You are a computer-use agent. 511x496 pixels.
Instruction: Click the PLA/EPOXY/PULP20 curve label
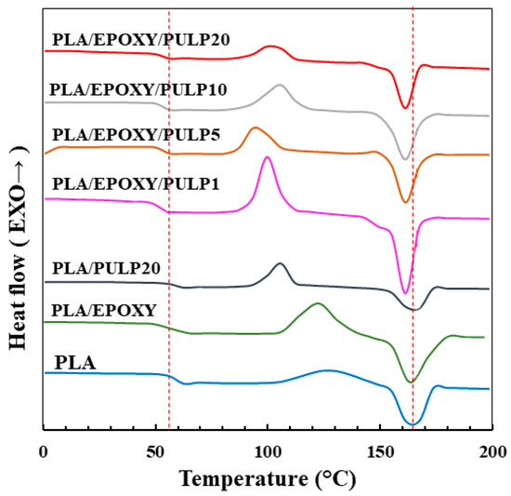coord(140,39)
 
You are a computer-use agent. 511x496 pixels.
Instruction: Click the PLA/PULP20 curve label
coord(106,268)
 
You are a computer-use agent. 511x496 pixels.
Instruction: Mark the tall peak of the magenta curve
coord(268,157)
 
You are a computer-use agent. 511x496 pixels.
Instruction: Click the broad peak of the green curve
coord(318,303)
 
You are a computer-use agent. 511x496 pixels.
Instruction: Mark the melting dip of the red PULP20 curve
coord(404,107)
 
